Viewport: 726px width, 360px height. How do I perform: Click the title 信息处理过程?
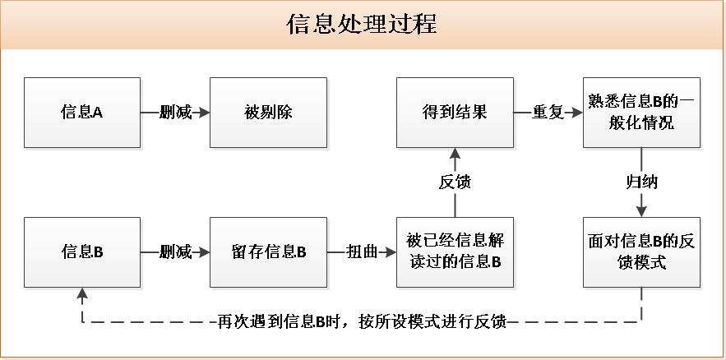362,25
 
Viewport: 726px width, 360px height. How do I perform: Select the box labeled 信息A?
82,113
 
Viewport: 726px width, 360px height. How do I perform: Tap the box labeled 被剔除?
269,113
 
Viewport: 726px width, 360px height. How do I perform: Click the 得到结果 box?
455,113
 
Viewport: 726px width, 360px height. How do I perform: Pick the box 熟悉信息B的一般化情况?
641,113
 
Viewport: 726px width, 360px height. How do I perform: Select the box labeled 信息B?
82,252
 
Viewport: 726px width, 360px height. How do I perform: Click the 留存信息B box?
269,252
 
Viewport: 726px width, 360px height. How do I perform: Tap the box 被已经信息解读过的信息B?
455,252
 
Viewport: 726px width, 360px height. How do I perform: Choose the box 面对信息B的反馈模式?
641,252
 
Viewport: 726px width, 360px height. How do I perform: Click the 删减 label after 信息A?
175,113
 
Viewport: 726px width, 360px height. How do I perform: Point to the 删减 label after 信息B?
175,252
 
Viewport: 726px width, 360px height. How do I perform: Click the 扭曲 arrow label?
362,252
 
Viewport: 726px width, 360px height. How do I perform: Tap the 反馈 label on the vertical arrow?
455,182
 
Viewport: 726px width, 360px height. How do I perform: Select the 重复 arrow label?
548,113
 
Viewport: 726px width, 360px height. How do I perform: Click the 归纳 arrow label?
641,182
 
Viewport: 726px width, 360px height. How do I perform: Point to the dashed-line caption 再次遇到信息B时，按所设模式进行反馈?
362,321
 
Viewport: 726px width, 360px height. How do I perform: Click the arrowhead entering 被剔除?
204,113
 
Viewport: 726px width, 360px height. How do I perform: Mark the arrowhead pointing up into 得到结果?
455,154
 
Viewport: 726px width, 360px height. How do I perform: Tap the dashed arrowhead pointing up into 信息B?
82,293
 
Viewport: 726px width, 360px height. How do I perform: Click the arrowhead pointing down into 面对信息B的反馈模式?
641,211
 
